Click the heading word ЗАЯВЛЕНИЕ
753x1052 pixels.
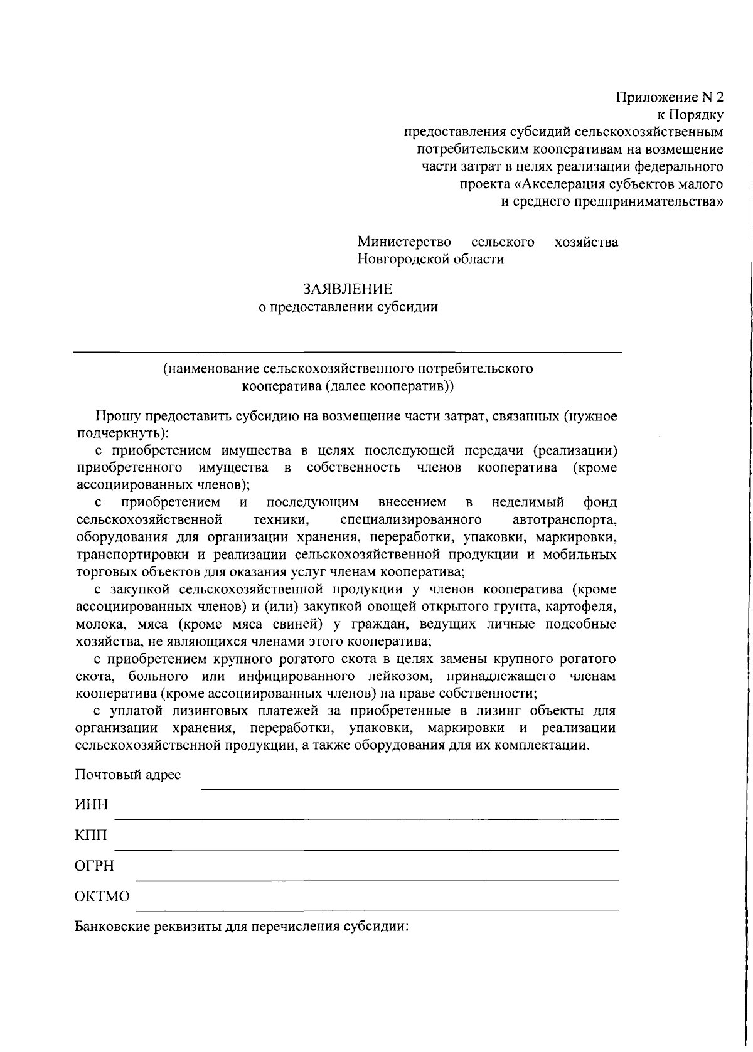pos(348,289)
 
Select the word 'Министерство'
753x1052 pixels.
pos(405,242)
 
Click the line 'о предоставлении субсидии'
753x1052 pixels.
pos(348,307)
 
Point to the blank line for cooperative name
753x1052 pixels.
pos(348,352)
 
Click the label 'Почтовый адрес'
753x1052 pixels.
pos(128,775)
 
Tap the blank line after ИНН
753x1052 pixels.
pos(367,818)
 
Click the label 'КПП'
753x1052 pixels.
pos(91,836)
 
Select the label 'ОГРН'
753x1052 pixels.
pos(94,866)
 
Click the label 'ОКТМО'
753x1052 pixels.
pos(102,896)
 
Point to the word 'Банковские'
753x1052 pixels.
pos(114,927)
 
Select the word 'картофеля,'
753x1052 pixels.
pos(581,607)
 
